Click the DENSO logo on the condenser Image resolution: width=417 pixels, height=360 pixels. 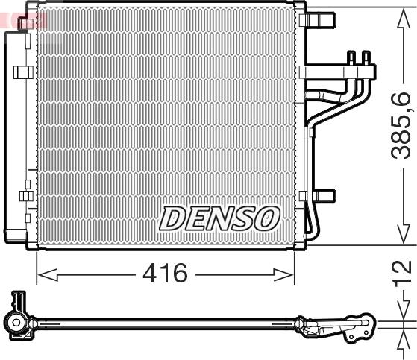click(219, 218)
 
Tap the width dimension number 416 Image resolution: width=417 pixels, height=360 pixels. click(165, 274)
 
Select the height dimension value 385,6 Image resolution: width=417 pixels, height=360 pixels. click(401, 125)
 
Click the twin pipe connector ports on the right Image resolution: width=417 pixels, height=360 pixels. click(358, 58)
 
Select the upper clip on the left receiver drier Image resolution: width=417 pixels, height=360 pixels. click(23, 72)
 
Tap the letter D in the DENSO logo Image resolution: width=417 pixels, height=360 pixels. click(172, 218)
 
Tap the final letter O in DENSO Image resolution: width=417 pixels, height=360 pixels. click(266, 218)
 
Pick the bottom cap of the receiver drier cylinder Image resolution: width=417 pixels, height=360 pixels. click(16, 234)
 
